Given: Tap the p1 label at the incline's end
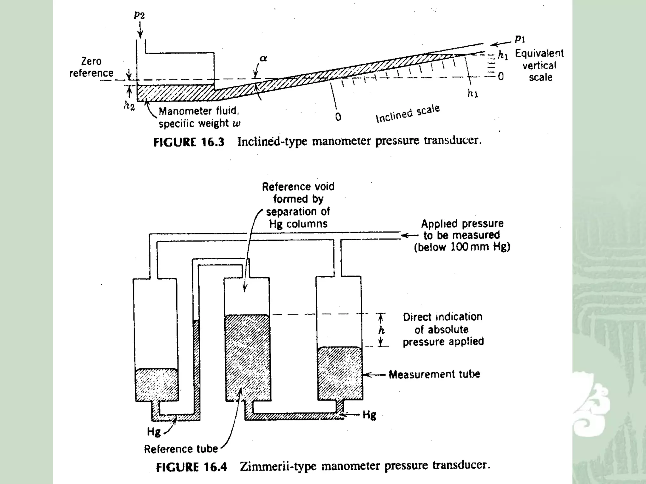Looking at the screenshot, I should [520, 39].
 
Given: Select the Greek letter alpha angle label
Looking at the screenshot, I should [263, 59].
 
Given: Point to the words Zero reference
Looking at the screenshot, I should [91, 67].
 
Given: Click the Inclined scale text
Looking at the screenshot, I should [408, 114].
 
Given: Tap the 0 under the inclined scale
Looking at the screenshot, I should [338, 117].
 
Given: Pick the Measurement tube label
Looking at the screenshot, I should [434, 374].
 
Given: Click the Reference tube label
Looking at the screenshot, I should [181, 449].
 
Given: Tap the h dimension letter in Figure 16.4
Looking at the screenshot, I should [382, 330].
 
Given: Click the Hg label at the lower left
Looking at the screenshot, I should [154, 431].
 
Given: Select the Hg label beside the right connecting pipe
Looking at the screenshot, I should [369, 415].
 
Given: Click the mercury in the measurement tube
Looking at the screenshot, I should [339, 373].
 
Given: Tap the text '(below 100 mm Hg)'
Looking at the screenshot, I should [462, 247].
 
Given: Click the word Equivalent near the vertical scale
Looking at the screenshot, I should [539, 53].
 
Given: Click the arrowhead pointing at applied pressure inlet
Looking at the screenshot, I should [405, 235].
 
